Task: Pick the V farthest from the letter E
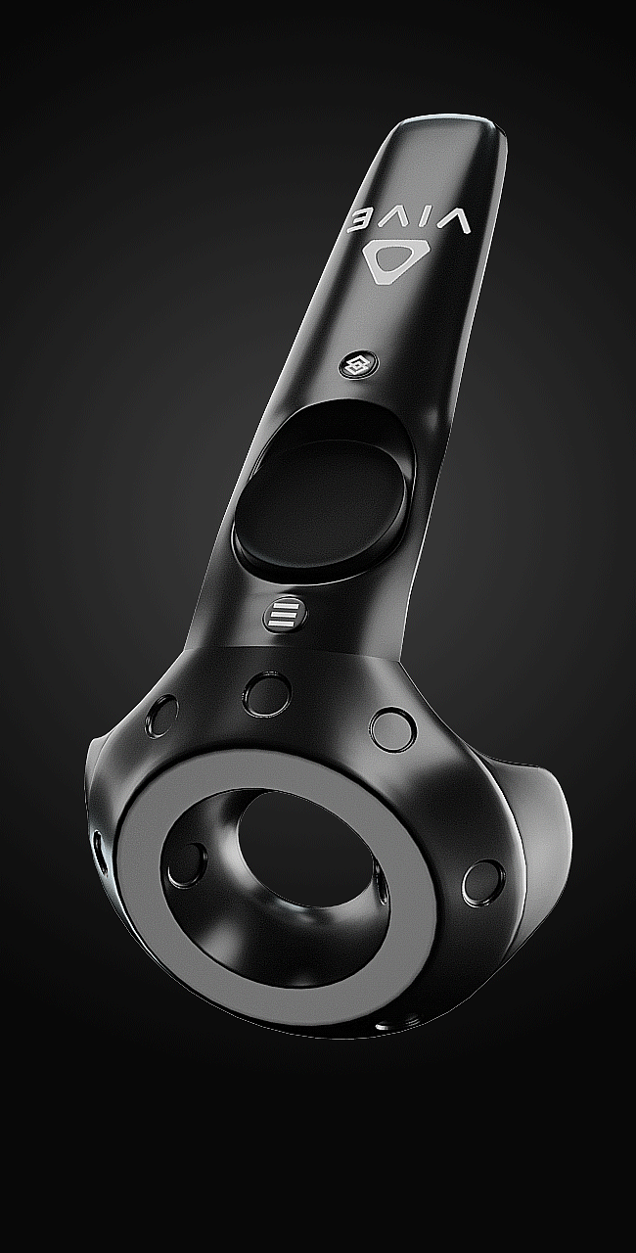coord(452,224)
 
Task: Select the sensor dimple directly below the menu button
coord(266,694)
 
